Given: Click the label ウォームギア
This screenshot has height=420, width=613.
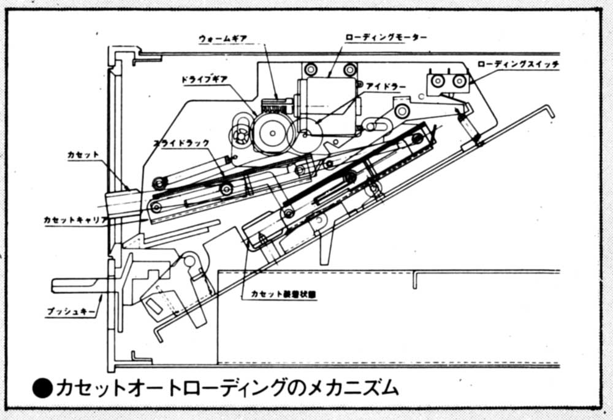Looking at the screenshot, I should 223,37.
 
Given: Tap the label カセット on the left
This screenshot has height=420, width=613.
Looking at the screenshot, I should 83,155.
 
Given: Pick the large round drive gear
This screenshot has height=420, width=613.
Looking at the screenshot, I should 270,132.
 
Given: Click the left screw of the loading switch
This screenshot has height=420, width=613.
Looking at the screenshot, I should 438,81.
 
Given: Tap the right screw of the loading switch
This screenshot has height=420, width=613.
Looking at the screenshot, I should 459,81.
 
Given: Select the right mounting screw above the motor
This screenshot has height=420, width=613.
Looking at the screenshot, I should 349,69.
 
